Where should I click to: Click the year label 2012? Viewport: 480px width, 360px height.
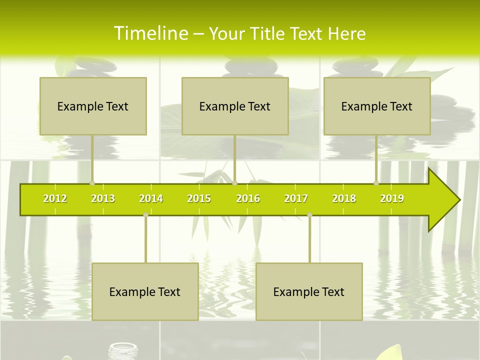pos(55,198)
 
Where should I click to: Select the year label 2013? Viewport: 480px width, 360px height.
pos(103,198)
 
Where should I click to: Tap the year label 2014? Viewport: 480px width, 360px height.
pos(151,198)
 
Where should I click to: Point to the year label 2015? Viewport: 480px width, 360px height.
pos(199,198)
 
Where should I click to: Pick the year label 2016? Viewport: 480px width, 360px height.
pos(248,198)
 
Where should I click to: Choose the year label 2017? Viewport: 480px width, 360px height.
pos(296,198)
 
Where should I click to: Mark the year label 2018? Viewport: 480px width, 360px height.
pos(344,198)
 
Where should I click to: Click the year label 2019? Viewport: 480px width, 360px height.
pos(392,198)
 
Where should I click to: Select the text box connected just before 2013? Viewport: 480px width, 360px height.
pos(93,106)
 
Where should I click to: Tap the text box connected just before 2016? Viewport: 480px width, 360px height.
pos(235,106)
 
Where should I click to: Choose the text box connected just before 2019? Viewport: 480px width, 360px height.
pos(377,106)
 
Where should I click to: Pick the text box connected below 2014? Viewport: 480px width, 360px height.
pos(145,291)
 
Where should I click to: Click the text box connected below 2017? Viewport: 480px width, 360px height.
pos(309,291)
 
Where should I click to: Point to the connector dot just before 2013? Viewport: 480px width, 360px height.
pos(92,183)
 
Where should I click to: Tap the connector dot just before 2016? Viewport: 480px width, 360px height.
pos(235,183)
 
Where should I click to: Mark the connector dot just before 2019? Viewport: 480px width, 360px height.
pos(376,183)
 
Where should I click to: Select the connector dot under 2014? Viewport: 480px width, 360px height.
pos(145,214)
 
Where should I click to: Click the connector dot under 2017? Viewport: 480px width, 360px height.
pos(309,214)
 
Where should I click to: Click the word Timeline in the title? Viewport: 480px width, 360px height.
pos(150,33)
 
